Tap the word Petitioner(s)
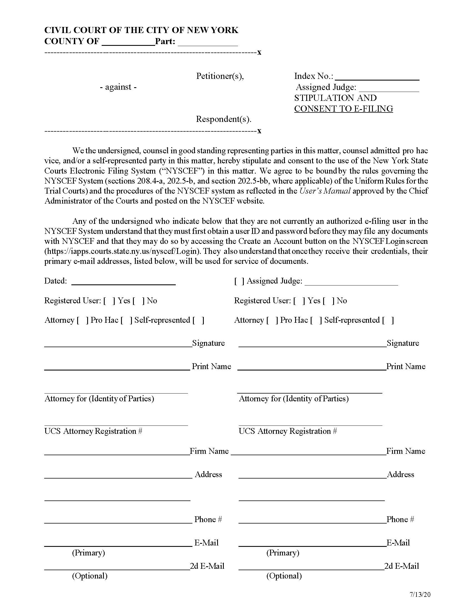tap(220, 76)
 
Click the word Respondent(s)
tap(224, 119)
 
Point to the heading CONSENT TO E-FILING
tap(343, 109)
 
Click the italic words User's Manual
tap(325, 191)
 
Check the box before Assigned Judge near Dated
tap(239, 281)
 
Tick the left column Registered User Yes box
tap(109, 301)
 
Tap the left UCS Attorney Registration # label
tap(93, 431)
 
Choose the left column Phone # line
tap(118, 521)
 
